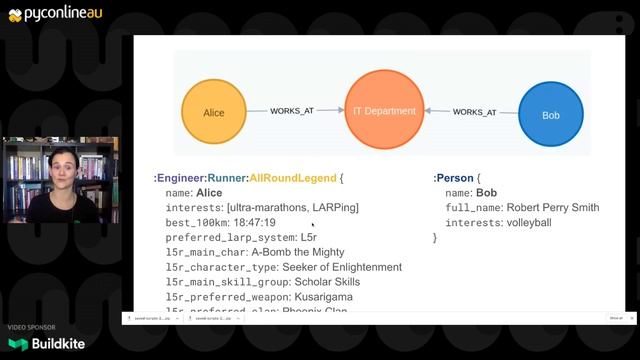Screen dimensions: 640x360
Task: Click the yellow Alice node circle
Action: click(x=213, y=113)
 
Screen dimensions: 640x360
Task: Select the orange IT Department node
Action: click(x=384, y=110)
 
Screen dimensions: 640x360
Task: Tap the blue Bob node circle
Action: click(x=550, y=115)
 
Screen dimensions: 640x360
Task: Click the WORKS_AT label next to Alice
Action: click(x=292, y=110)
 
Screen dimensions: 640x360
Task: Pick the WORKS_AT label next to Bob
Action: click(x=474, y=113)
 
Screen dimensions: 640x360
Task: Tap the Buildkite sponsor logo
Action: click(x=47, y=343)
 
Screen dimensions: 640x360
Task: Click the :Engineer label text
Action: click(x=176, y=178)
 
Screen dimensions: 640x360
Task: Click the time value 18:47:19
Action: click(x=248, y=222)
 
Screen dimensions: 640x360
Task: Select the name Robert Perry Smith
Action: click(x=553, y=207)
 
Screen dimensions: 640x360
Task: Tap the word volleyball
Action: click(x=529, y=222)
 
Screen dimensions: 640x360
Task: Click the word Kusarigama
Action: click(x=323, y=297)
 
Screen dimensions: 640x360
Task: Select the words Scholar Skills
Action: click(x=313, y=282)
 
